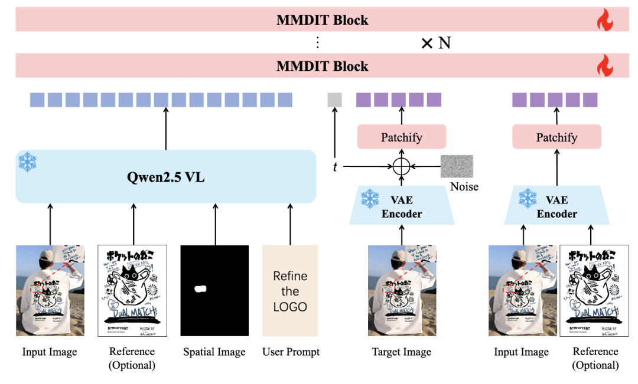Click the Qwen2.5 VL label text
point(166,177)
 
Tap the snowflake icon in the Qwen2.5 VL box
point(27,162)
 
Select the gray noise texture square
point(457,166)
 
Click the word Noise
point(464,187)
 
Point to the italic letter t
point(335,167)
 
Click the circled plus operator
point(402,167)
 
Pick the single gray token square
point(335,100)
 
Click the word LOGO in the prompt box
point(290,307)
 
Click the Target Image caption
point(402,352)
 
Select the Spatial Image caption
point(214,352)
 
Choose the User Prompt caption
point(291,352)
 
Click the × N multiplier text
point(436,43)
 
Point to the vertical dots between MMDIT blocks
point(317,42)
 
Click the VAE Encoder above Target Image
point(402,207)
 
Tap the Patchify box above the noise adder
point(402,137)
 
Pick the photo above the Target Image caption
point(402,291)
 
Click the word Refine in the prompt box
point(290,276)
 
